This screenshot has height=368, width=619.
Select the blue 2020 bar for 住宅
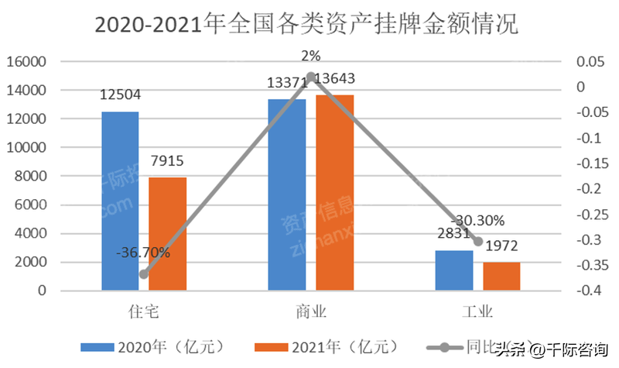[x=120, y=201]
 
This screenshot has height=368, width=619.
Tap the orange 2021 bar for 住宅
[x=167, y=233]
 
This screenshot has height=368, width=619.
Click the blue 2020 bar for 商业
[x=287, y=194]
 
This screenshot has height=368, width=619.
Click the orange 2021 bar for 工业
[x=501, y=276]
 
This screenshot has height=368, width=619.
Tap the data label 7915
[x=167, y=161]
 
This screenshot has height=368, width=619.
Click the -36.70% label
[x=144, y=253]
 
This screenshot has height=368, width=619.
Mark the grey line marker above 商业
[x=311, y=77]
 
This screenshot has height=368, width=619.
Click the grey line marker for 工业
[x=477, y=242]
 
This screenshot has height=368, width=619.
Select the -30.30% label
[x=477, y=219]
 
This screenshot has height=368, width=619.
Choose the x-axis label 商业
[x=311, y=312]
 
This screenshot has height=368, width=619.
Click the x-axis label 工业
[x=477, y=312]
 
